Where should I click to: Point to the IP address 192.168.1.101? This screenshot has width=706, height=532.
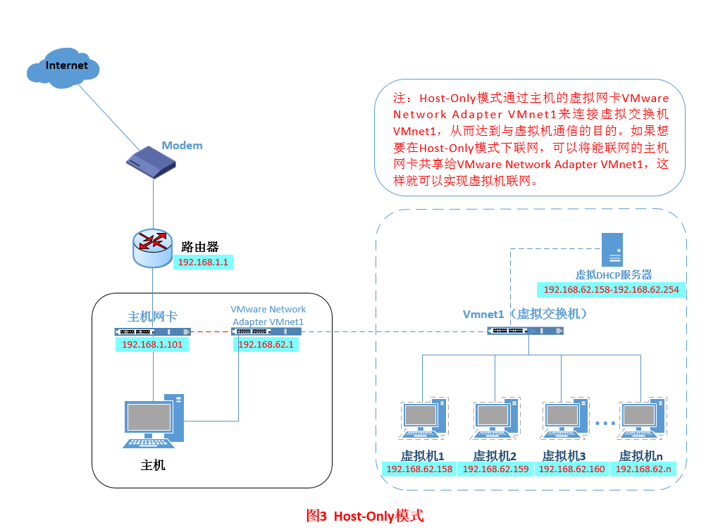(152, 345)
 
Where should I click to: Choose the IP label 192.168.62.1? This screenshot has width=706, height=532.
(265, 345)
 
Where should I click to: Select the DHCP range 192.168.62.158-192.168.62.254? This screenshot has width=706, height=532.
(612, 289)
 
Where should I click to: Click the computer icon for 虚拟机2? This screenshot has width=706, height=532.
(495, 421)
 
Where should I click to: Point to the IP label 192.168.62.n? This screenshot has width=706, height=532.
(643, 469)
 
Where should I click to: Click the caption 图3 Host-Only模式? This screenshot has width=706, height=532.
(365, 516)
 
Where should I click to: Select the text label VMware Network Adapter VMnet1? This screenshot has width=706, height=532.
(268, 315)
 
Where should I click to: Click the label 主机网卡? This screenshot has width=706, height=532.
(152, 316)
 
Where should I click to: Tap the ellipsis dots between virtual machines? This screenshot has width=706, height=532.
(605, 423)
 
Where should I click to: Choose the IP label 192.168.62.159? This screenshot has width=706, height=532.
(495, 469)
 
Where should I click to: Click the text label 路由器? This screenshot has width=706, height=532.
(200, 246)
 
